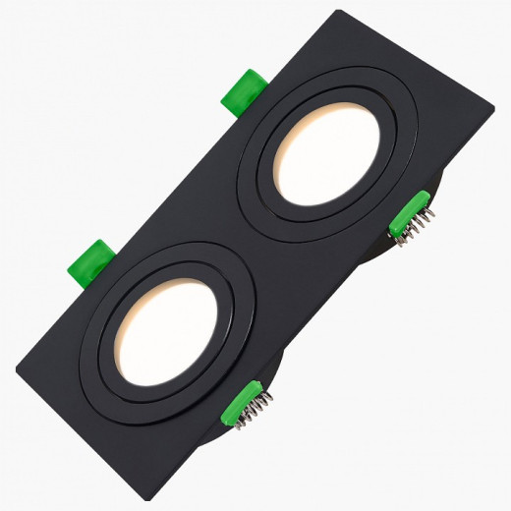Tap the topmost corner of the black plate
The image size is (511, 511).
point(339,13)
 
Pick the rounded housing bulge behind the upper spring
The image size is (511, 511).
point(432,192)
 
